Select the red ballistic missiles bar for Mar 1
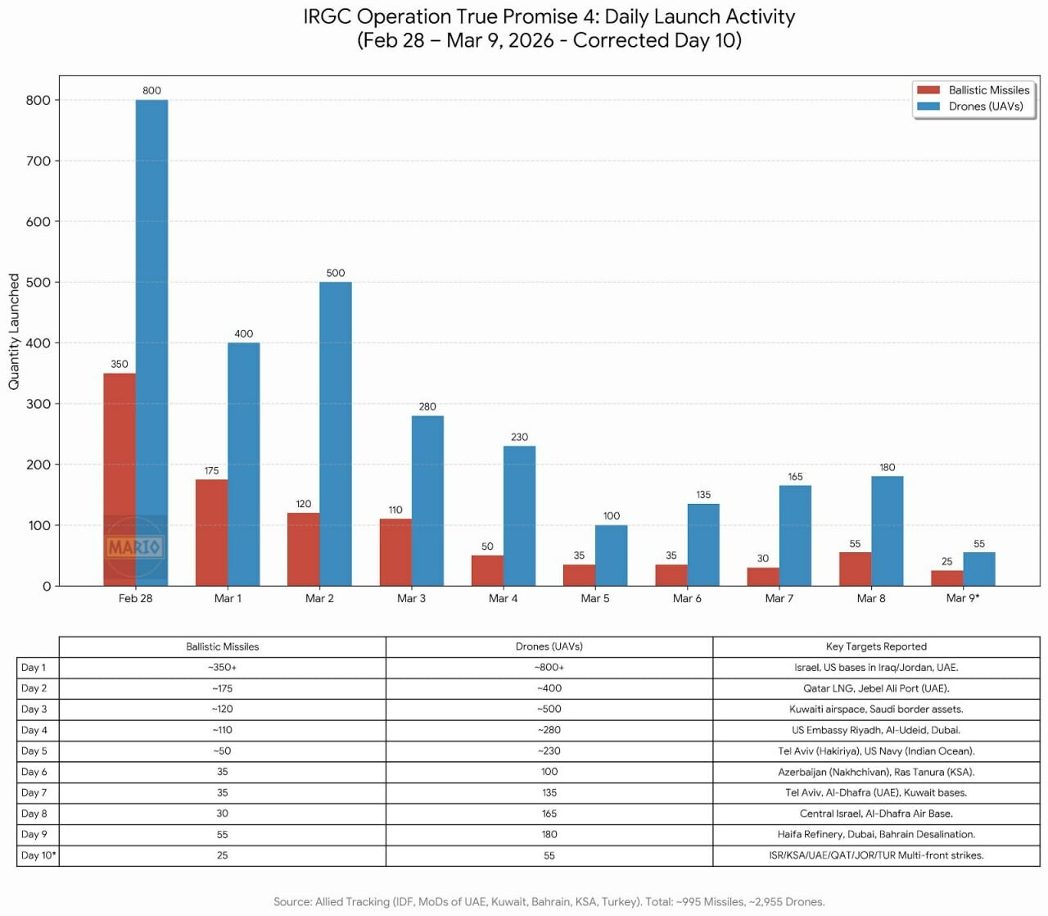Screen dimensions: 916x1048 pos(211,533)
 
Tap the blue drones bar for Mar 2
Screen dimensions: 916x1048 pos(336,434)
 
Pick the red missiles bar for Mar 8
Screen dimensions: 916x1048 pos(855,569)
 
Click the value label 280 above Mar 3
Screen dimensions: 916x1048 pos(427,406)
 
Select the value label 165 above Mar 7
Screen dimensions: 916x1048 pos(795,477)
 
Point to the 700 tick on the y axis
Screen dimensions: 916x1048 pos(38,161)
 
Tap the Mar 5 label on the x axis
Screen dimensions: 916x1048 pos(595,599)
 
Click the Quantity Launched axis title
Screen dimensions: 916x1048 pos(14,332)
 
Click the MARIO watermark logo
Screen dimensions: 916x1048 pos(134,546)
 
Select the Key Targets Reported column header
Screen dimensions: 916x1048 pos(876,646)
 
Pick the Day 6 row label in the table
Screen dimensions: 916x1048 pos(34,772)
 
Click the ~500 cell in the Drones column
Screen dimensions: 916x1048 pos(549,710)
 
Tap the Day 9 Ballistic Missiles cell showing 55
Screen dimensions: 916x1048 pos(223,835)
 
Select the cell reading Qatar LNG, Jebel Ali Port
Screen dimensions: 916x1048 pos(876,688)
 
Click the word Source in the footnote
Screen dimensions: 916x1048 pos(291,902)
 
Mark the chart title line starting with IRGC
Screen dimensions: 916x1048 pos(549,17)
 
